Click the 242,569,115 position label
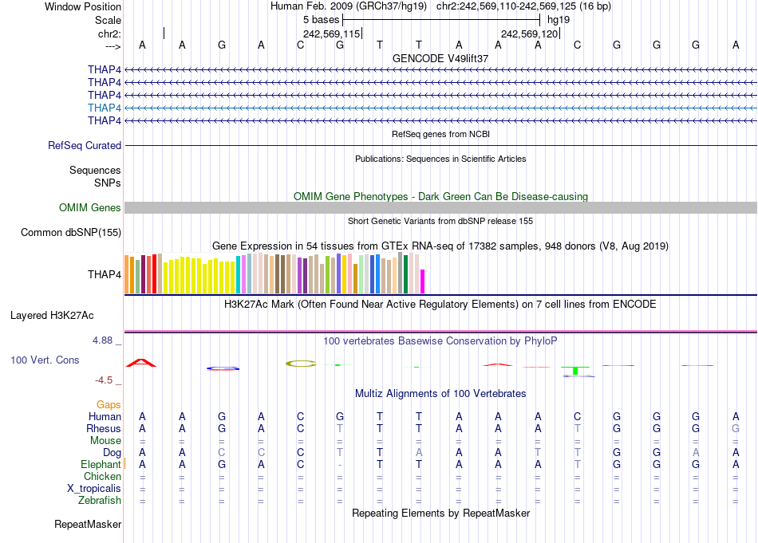332,33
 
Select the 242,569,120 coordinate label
529,33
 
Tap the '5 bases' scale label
322,19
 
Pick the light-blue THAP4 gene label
105,108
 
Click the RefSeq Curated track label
85,146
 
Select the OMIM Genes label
90,208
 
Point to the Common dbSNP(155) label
72,233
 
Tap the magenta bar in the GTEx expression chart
423,281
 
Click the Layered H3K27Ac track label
65,315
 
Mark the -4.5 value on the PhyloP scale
108,380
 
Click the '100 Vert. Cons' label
45,360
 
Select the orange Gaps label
109,405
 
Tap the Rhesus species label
104,428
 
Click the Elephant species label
101,464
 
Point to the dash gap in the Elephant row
340,465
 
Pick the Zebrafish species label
101,500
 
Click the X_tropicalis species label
94,488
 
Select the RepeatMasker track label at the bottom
88,525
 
